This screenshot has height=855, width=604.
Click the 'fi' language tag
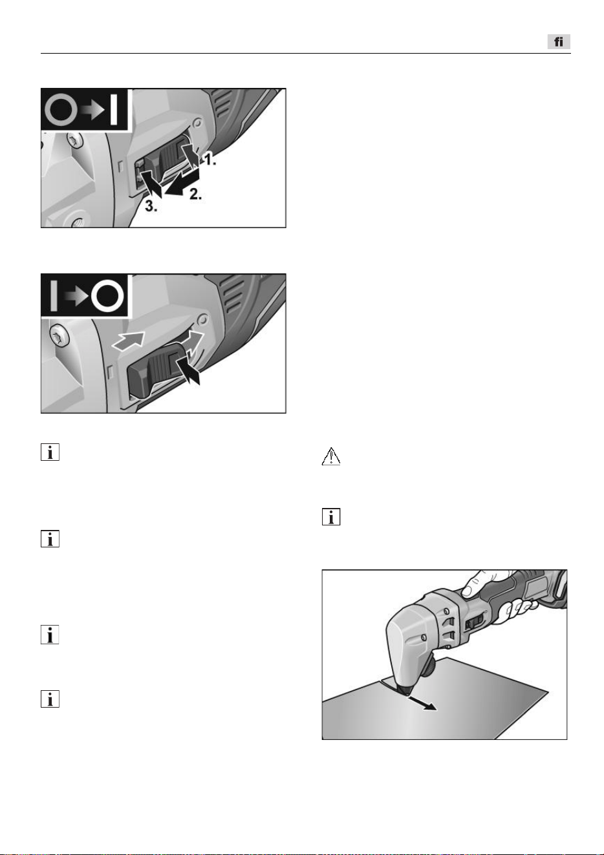559,41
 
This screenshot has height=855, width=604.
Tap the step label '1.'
209,159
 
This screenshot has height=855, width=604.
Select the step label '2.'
196,195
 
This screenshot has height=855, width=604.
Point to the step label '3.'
151,206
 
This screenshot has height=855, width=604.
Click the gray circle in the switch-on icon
61,110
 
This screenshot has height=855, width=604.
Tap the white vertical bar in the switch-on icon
113,110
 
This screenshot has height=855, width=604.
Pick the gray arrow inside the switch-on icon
93,110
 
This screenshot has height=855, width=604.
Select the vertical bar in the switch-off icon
54,296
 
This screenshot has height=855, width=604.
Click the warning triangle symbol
331,456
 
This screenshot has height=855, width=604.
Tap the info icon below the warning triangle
331,517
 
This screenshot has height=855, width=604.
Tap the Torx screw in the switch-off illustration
59,337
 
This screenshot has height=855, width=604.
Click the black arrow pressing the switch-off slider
188,370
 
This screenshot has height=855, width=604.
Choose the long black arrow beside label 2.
182,184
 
